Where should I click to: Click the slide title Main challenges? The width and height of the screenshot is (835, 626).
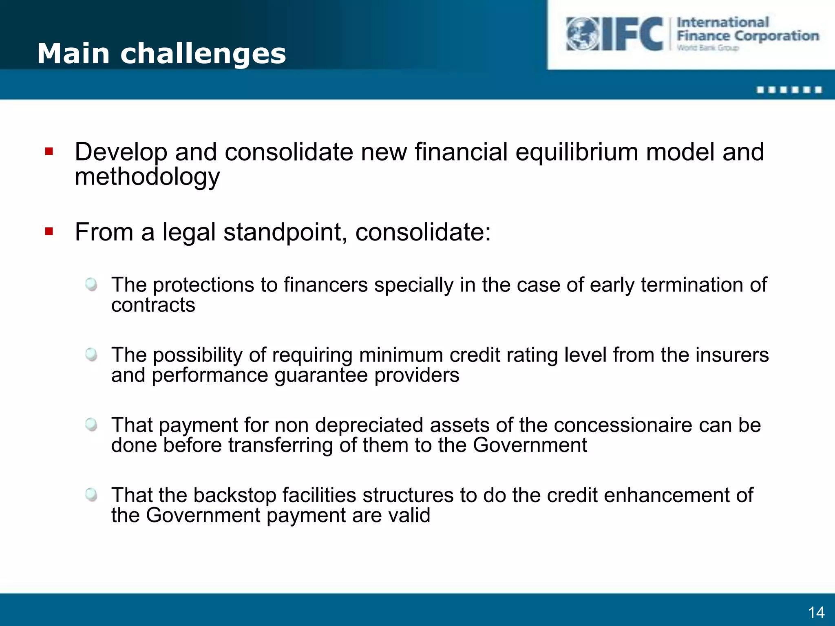point(161,54)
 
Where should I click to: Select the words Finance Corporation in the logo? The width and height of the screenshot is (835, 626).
point(748,36)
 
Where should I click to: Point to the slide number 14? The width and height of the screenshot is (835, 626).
point(816,613)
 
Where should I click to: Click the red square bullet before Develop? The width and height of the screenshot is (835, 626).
point(49,152)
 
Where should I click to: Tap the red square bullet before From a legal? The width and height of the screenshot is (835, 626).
point(49,232)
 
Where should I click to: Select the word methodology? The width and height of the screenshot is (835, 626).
point(147,177)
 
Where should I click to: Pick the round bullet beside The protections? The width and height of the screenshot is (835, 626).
point(91,284)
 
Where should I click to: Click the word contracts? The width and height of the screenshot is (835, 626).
point(153,305)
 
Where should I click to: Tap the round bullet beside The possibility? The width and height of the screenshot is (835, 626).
point(91,354)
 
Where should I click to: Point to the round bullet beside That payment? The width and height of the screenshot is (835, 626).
point(91,425)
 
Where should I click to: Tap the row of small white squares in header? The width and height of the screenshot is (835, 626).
point(789,90)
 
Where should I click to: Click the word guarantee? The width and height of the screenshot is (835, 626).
point(321,375)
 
